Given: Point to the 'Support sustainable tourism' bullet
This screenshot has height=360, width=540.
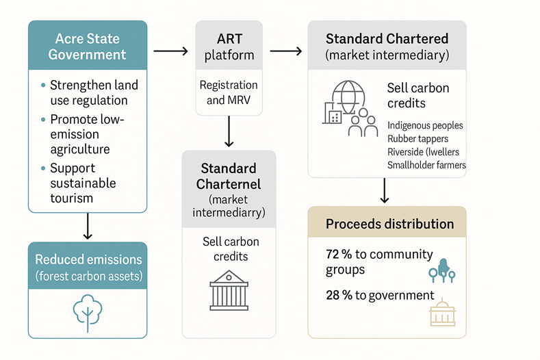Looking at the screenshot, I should tap(82, 183).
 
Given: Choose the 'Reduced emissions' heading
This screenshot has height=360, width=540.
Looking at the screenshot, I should tap(88, 260).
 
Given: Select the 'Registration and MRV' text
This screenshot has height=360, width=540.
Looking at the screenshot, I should tap(229, 92).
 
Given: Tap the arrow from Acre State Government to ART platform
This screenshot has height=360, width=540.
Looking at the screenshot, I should tap(170, 51).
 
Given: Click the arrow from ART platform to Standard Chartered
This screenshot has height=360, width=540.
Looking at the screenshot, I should tap(285, 51).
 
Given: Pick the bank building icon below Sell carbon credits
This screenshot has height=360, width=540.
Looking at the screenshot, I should tap(229, 290).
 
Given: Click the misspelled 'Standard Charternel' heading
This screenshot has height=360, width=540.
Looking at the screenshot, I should tap(229, 176).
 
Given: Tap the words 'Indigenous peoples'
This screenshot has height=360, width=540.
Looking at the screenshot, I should tap(425, 126).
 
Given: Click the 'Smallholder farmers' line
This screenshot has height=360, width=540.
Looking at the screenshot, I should tap(426, 165).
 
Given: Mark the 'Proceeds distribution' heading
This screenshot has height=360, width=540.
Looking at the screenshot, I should tap(389, 224).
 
